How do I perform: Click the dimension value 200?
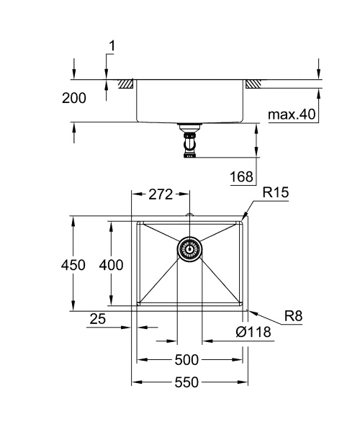point(74,99)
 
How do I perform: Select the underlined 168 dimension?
point(243,177)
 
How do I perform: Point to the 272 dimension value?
point(161,194)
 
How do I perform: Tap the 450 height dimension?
point(73,265)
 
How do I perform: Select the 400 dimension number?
point(111,265)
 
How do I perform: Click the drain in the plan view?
point(189,250)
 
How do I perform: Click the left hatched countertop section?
point(127,84)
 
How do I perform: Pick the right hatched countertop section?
point(253,84)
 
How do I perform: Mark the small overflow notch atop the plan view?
point(189,215)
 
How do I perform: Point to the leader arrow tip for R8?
point(248,312)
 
